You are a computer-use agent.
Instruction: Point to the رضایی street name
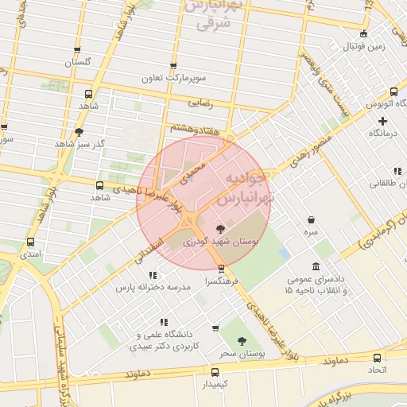coord(200,103)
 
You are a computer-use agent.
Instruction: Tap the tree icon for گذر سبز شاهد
coord(78,132)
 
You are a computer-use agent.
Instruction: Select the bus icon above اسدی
coord(31,242)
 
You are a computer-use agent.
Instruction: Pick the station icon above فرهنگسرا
coord(222,268)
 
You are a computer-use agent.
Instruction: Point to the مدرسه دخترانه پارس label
coord(154,287)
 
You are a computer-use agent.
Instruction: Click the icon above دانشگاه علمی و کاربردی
coord(163,322)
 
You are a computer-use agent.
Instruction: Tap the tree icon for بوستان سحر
coord(242,341)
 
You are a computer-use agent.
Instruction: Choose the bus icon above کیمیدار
coord(215,371)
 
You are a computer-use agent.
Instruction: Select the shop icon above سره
coord(311,219)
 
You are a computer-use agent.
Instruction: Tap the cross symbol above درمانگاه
coord(382,122)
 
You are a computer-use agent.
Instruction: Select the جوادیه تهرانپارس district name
coord(248,185)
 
